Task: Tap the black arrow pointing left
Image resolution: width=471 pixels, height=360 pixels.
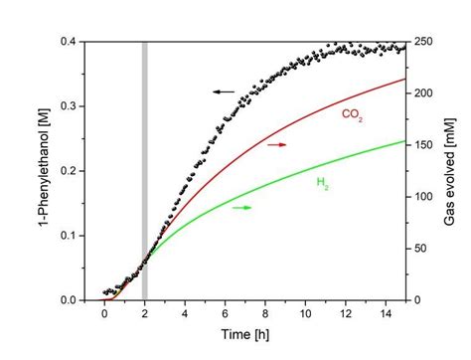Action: tap(223, 91)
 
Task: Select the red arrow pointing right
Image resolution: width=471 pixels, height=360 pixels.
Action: tap(276, 145)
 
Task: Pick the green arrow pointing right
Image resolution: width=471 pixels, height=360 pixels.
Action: tap(241, 207)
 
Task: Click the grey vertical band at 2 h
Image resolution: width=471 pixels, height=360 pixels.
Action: tap(144, 169)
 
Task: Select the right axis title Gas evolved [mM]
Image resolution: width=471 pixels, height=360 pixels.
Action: tap(450, 170)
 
